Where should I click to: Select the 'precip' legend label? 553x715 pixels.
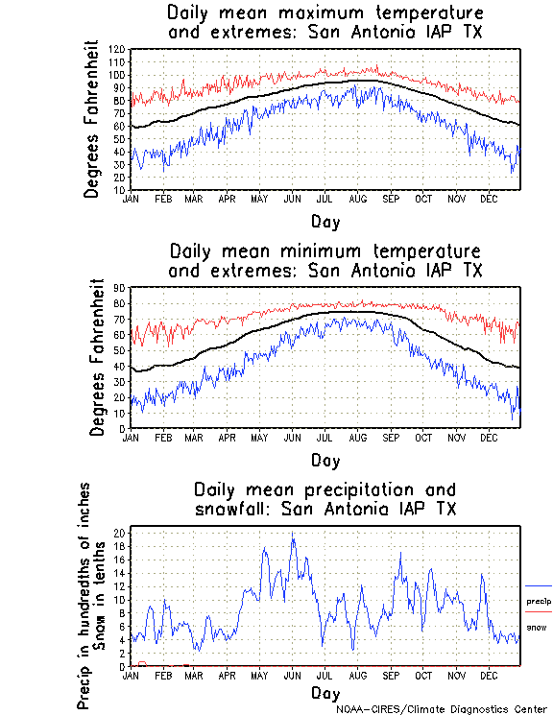pos(539,602)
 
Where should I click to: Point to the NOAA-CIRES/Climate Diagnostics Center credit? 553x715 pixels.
pos(443,709)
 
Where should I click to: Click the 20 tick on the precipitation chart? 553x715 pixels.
pos(119,532)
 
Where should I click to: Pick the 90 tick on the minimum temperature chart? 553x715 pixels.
pos(119,288)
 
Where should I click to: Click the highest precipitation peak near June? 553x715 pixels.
pos(292,535)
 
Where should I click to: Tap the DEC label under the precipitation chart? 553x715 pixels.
pos(488,676)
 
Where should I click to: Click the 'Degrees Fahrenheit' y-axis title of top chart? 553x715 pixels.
pos(92,119)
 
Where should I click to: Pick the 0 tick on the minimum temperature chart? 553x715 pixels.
pos(121,429)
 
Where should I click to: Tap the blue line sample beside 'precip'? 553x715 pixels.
pos(538,585)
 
